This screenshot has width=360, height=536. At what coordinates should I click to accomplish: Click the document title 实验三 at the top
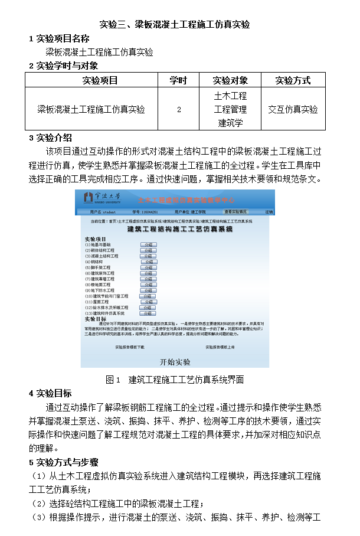click(175, 25)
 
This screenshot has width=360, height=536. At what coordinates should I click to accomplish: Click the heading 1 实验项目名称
click(59, 39)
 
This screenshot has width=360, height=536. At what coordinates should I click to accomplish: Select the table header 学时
click(178, 80)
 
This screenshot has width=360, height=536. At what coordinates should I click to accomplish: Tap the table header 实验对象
click(230, 80)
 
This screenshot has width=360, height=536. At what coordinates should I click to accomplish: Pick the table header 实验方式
click(293, 80)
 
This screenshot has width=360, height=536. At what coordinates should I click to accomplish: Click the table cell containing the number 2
click(178, 109)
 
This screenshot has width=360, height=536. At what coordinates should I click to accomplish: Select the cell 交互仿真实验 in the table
click(293, 109)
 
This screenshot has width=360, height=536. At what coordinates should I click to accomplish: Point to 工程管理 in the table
click(230, 109)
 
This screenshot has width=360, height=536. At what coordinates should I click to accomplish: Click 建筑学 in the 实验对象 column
click(230, 123)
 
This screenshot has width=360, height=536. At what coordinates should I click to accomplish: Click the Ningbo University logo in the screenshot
click(104, 197)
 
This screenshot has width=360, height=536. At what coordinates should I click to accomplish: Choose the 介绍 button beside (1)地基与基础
click(149, 244)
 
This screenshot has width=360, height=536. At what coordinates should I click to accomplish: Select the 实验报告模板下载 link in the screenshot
click(130, 347)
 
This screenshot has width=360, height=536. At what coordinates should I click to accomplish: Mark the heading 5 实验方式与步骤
click(64, 462)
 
